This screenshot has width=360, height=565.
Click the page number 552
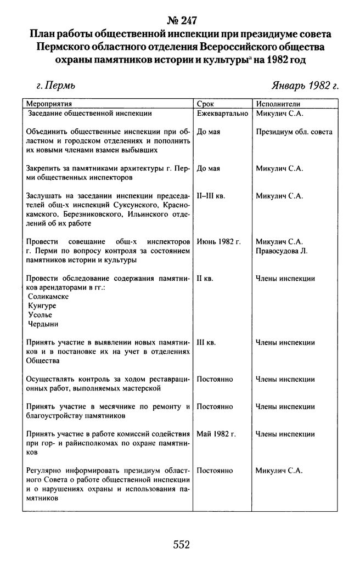(181, 544)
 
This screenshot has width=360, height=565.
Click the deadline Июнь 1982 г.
(218, 241)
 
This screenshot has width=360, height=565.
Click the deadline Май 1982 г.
(216, 434)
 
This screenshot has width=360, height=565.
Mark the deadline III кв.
(206, 343)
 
